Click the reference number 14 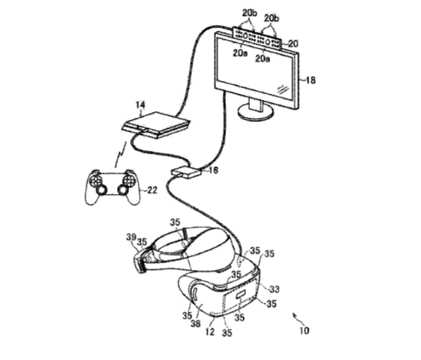click(x=140, y=104)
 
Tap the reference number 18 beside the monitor click(x=311, y=80)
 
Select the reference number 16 click(x=213, y=170)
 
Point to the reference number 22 click(x=152, y=190)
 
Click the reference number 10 click(x=304, y=331)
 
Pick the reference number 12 click(x=209, y=331)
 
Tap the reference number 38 click(x=195, y=323)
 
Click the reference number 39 click(x=131, y=237)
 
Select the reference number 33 click(x=275, y=289)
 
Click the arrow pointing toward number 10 click(x=296, y=317)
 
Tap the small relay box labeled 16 click(x=186, y=172)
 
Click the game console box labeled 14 click(x=157, y=125)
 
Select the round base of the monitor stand click(x=256, y=112)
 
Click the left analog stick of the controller click(x=102, y=190)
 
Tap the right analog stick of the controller click(x=122, y=190)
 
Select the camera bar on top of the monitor click(x=257, y=37)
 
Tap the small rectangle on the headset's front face click(x=240, y=295)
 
